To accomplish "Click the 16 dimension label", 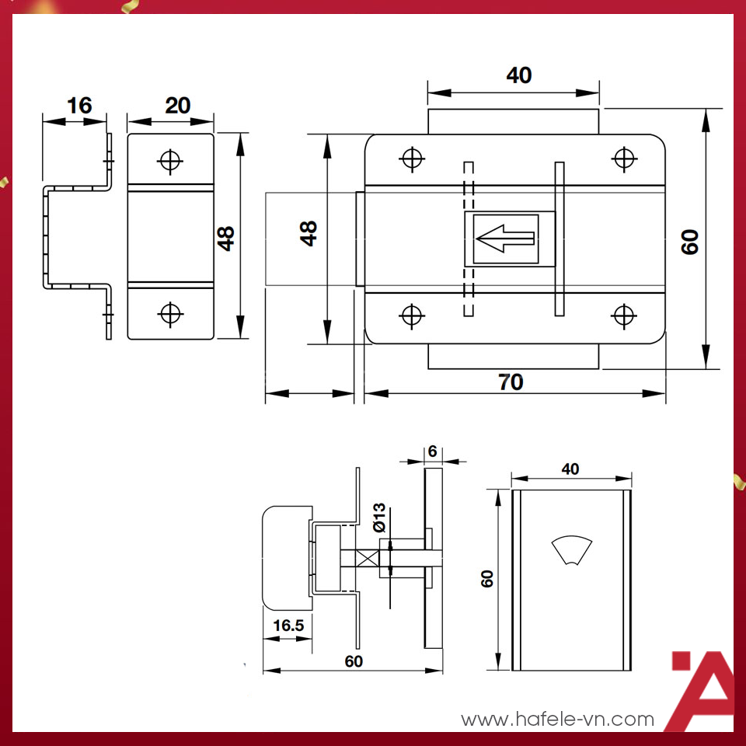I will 79,105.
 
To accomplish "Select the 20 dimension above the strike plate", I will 178,105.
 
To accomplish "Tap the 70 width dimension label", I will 511,382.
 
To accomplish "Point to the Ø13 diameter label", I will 378,518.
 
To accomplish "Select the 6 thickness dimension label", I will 433,451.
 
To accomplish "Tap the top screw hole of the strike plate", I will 169,160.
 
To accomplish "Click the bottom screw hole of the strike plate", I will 169,313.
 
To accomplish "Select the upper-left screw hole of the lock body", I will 412,159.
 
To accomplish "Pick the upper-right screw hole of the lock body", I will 623,159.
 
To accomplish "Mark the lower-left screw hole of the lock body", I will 412,315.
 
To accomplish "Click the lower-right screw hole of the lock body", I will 623,315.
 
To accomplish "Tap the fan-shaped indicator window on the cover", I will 570,550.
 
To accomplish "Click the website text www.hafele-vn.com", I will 558,720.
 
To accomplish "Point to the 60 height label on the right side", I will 690,242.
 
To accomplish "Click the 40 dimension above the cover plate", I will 570,469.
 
